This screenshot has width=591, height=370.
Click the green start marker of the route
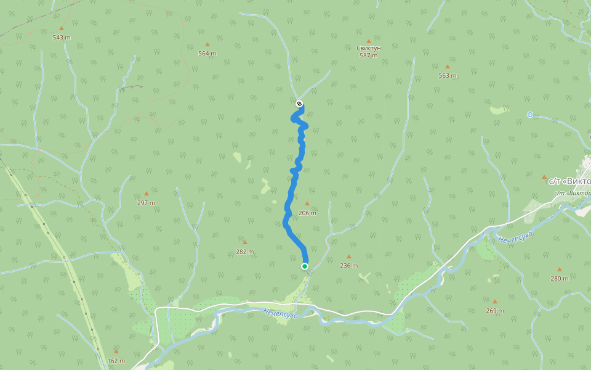tap(305, 266)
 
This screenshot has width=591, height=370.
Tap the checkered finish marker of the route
tap(299, 104)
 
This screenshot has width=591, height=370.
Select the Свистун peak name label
tap(369, 47)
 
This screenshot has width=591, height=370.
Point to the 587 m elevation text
tap(369, 55)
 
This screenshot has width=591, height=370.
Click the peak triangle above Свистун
tap(369, 41)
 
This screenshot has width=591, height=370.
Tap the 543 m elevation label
tap(62, 38)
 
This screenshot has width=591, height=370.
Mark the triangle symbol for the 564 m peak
tap(207, 44)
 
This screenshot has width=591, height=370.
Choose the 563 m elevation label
tap(448, 76)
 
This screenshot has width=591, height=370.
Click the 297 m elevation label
tap(146, 203)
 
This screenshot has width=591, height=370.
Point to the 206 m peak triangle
tap(307, 203)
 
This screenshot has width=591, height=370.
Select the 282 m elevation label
tap(245, 252)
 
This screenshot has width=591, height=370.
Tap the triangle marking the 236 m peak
tap(349, 257)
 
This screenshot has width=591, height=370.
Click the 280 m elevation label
tap(560, 278)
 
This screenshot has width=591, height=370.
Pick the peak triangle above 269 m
tap(494, 302)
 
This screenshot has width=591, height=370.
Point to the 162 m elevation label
tap(116, 361)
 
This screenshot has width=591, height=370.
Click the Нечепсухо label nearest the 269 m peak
tap(515, 236)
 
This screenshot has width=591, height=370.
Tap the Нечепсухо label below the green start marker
tap(280, 314)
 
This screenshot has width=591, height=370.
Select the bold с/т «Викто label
tap(569, 181)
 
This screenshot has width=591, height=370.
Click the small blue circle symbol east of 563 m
tap(529, 115)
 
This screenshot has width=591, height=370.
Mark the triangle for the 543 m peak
tap(61, 28)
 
